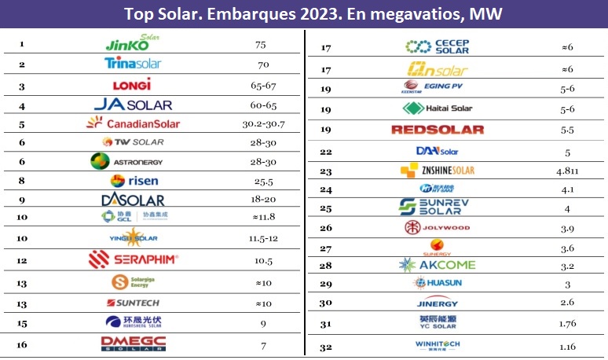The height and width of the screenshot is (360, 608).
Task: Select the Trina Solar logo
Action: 132,64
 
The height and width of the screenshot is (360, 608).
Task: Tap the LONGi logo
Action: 132,84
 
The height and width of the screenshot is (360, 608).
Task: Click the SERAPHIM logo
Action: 133,259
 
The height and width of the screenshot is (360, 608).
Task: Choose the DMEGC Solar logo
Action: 132,342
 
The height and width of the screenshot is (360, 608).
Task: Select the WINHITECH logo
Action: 437,344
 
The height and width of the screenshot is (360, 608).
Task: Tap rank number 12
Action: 22,259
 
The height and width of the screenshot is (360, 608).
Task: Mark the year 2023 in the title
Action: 271,13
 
